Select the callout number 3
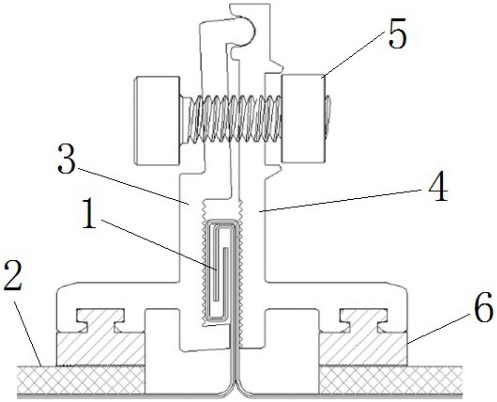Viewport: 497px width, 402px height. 66,159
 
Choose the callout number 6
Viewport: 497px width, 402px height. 483,309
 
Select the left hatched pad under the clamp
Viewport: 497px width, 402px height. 100,349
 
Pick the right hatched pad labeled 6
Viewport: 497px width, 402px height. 363,349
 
